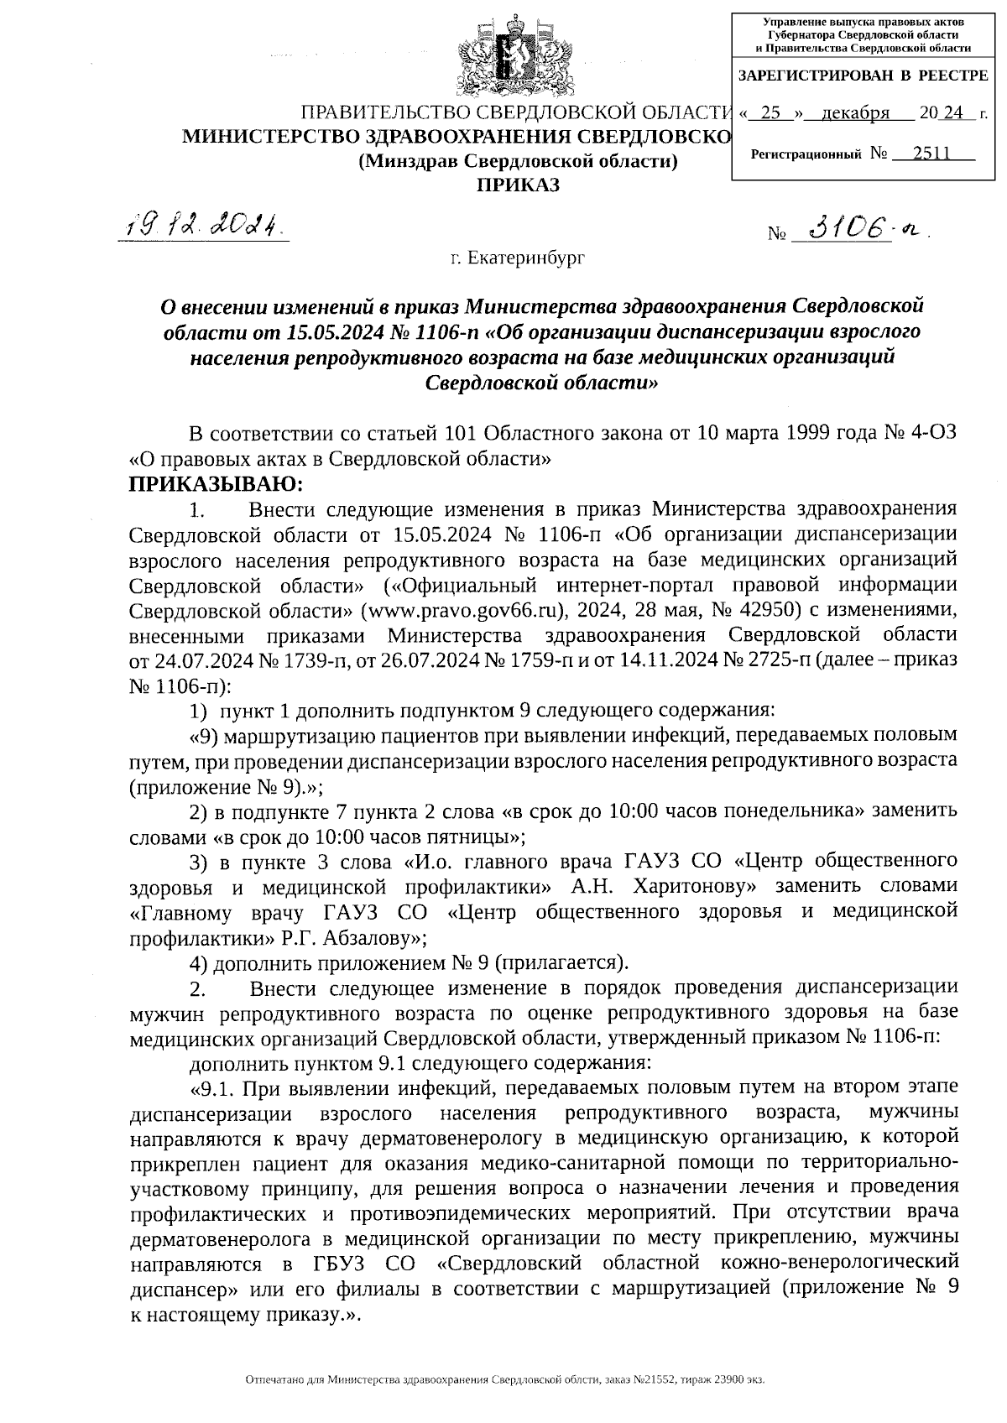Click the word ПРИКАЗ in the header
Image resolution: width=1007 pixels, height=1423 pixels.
518,185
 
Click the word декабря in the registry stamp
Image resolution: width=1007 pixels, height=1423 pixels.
855,113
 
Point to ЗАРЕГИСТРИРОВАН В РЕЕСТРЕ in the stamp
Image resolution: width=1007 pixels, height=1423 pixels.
863,76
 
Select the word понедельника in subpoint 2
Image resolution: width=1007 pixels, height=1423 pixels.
794,811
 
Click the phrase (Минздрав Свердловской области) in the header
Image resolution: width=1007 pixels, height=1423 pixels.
518,160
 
